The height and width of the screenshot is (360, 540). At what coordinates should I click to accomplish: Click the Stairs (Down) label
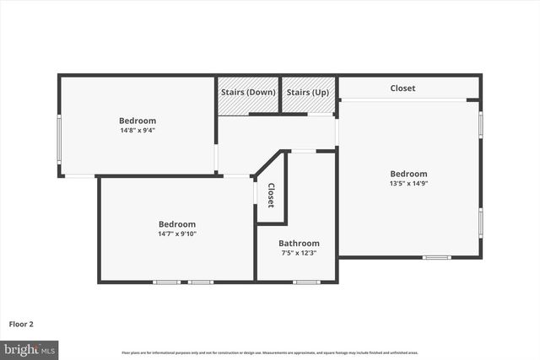click(248, 92)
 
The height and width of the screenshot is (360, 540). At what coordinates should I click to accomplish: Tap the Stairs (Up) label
click(308, 92)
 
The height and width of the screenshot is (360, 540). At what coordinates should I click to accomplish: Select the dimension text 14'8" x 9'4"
click(138, 131)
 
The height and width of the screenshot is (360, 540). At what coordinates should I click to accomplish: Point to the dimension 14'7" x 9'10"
click(177, 234)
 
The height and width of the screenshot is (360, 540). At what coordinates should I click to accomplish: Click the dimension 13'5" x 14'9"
click(408, 183)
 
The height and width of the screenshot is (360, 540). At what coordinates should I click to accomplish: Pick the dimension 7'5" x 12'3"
click(298, 253)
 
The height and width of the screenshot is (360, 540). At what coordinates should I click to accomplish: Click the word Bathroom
click(299, 244)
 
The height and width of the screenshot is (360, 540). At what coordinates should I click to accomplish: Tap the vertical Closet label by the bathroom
click(271, 195)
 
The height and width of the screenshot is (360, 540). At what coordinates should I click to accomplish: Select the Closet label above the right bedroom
click(402, 89)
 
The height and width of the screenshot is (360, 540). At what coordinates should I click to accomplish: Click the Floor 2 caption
click(21, 323)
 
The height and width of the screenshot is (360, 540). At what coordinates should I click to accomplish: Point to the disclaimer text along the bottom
click(270, 352)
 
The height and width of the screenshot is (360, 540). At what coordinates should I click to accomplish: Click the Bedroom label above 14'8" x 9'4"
click(138, 121)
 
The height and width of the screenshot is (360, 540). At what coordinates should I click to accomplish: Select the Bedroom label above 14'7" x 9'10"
click(177, 224)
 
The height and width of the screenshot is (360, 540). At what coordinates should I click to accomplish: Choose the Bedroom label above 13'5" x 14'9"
click(408, 174)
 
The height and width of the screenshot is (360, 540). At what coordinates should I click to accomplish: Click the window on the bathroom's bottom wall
click(306, 282)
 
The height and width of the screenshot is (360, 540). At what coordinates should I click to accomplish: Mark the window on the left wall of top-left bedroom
click(59, 139)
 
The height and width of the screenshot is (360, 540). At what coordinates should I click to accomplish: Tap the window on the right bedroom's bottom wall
click(436, 257)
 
